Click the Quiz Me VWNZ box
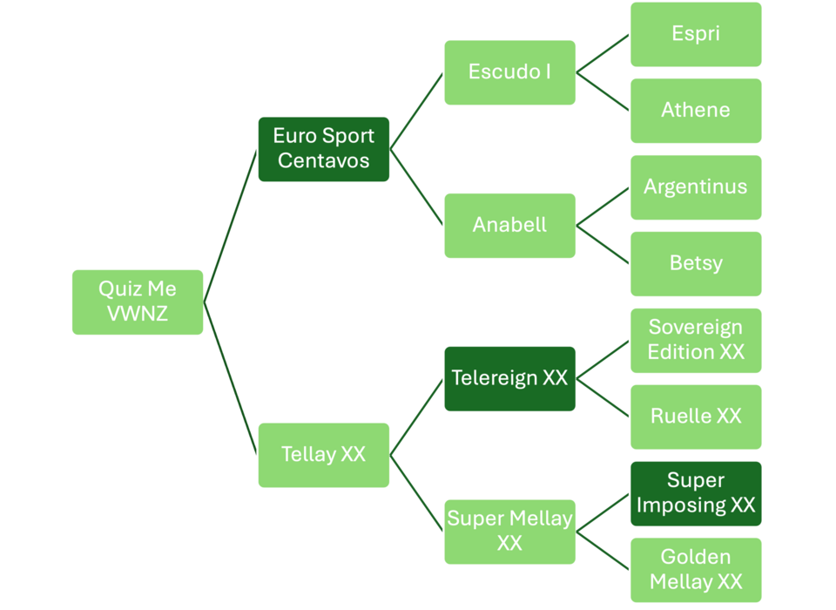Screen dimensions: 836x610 (x=138, y=302)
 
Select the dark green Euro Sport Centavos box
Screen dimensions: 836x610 (x=324, y=149)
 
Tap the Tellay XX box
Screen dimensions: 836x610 (x=324, y=455)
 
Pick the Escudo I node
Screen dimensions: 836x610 (x=509, y=72)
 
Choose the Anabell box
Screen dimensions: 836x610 (x=509, y=226)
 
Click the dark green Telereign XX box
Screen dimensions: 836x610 (x=509, y=378)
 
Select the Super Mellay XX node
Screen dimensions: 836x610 (x=509, y=532)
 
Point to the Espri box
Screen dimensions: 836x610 (x=696, y=34)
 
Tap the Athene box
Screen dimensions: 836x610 (x=696, y=111)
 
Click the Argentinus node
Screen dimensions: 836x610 (x=696, y=187)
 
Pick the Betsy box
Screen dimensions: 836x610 (x=696, y=264)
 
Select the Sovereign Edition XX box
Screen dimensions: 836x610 (x=696, y=341)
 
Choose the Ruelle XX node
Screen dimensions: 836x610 (x=696, y=417)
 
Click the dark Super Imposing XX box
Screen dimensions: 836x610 (x=696, y=493)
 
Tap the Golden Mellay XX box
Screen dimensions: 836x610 (x=696, y=570)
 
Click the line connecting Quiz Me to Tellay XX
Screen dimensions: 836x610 (x=230, y=378)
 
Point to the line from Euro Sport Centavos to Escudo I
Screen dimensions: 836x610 (x=416, y=111)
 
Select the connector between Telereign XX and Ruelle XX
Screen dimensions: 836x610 (x=603, y=397)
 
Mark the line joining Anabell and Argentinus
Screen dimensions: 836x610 (x=603, y=207)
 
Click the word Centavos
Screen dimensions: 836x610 (x=324, y=160)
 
